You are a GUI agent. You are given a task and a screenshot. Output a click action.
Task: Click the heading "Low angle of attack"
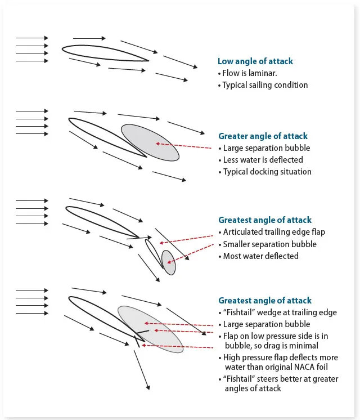[x=255, y=61]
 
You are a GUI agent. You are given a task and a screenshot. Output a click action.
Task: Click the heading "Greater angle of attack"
[x=263, y=136]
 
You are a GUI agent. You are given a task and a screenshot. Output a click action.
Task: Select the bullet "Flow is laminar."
[x=247, y=73]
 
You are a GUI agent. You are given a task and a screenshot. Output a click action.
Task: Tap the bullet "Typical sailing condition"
[x=265, y=85]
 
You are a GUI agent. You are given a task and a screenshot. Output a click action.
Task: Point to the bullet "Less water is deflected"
[x=263, y=160]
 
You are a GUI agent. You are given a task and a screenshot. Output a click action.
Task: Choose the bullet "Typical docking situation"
[x=267, y=172]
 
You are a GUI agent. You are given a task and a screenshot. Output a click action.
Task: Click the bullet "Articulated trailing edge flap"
[x=274, y=232]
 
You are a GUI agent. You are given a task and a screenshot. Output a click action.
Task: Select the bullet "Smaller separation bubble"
[x=269, y=244]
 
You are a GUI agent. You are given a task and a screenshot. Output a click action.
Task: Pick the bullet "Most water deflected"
[x=260, y=256]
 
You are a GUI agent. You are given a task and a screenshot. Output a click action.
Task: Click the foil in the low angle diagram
[x=105, y=52]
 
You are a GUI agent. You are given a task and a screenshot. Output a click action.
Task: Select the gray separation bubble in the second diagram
[x=150, y=142]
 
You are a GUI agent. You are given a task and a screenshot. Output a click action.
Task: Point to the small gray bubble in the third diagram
[x=169, y=262]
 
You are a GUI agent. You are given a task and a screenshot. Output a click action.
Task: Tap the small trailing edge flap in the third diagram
[x=154, y=253]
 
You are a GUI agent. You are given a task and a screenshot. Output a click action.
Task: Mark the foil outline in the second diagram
[x=104, y=136]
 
